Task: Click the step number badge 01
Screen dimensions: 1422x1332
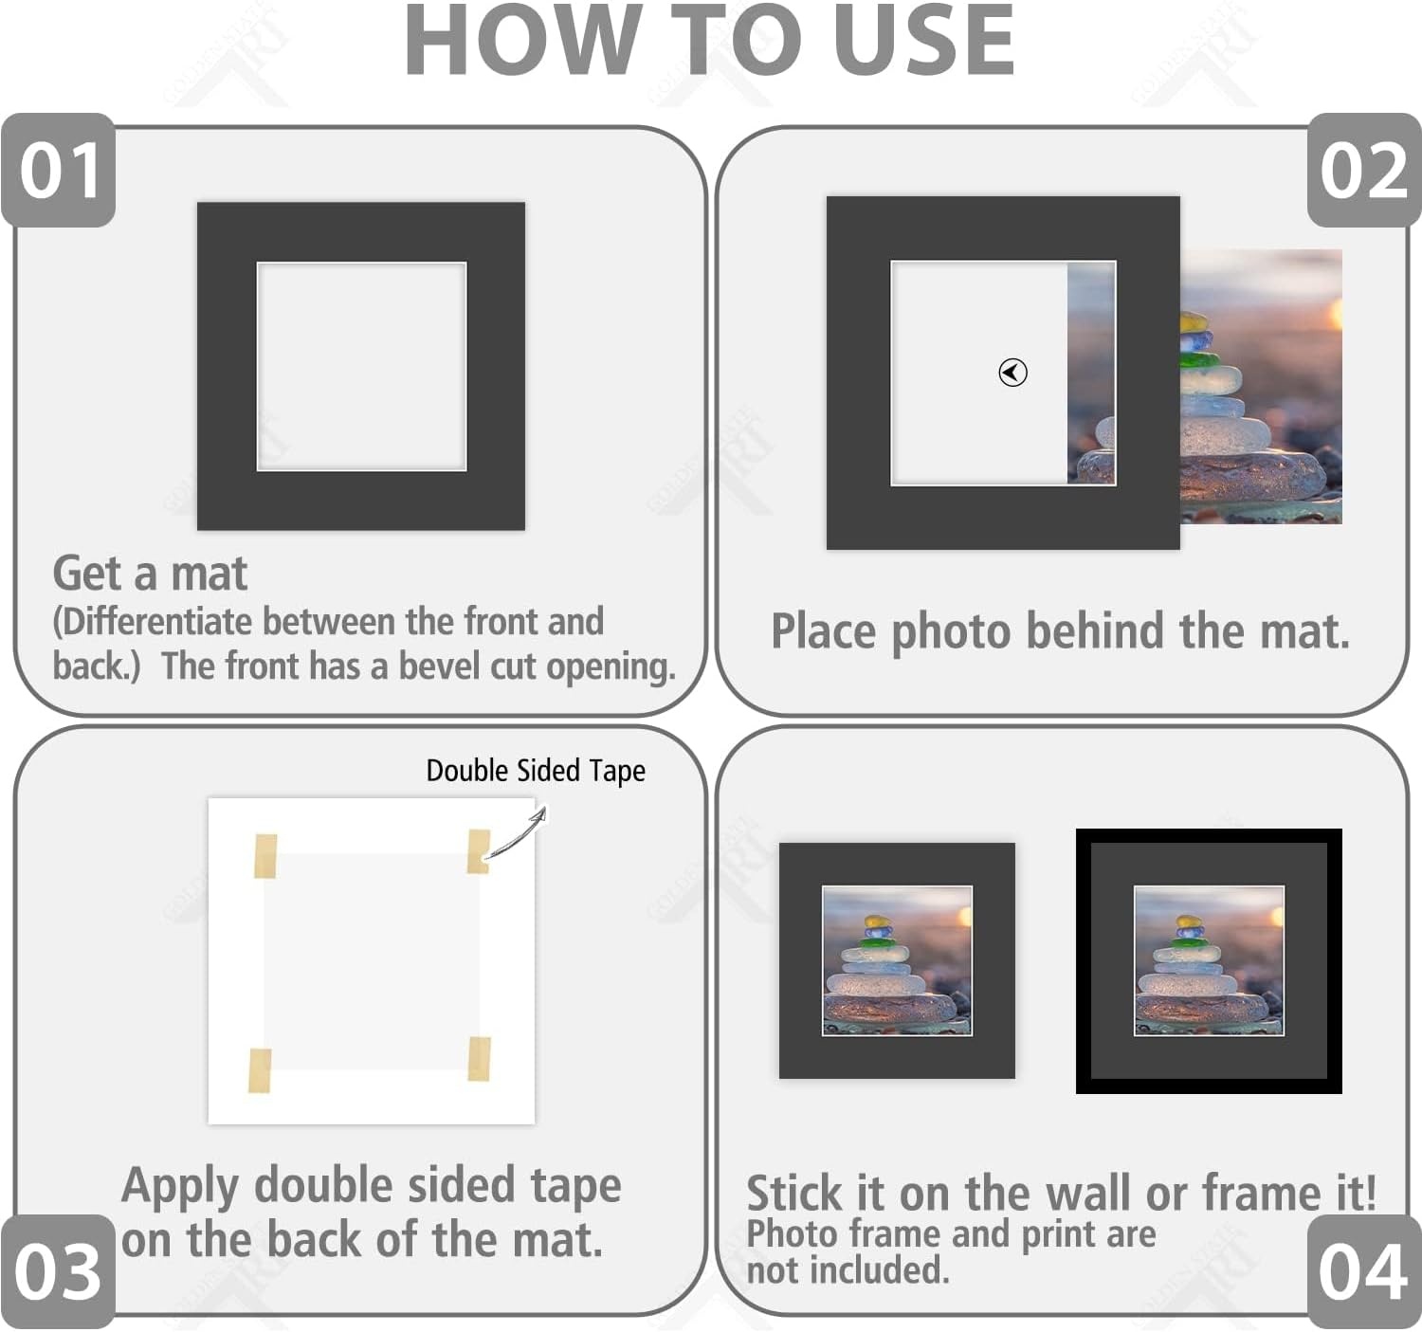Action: tap(59, 171)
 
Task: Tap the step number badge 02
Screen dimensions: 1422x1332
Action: tap(1364, 171)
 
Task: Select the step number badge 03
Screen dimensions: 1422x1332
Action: tap(59, 1272)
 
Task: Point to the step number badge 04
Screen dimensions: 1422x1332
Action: tap(1364, 1272)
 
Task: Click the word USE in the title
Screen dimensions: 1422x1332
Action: tap(925, 40)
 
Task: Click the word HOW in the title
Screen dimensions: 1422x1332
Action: tap(523, 40)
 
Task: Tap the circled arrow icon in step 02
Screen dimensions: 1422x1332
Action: tap(1012, 373)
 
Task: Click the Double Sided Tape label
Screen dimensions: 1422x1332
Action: tap(536, 771)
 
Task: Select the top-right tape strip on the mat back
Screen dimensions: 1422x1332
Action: tap(479, 851)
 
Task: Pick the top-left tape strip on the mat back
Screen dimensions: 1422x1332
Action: tap(265, 856)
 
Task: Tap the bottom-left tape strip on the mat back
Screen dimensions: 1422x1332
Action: tap(260, 1070)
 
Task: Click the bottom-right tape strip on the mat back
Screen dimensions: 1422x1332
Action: tap(479, 1058)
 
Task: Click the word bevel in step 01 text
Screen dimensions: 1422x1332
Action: tap(440, 666)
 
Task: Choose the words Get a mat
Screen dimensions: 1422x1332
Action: tap(151, 575)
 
